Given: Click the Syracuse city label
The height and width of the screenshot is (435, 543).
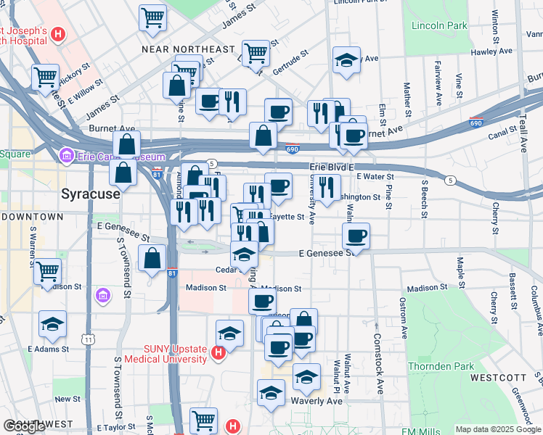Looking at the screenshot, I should (x=90, y=194).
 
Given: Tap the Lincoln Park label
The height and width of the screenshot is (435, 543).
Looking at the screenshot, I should (x=439, y=26).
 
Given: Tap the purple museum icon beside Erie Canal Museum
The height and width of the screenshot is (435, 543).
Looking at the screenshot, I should (x=66, y=156).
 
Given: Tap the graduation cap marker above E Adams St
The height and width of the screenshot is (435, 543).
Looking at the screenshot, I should (x=52, y=324).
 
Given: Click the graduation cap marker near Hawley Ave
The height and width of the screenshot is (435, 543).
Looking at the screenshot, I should (x=346, y=60).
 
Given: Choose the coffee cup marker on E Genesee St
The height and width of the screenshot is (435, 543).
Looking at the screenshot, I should (x=356, y=236).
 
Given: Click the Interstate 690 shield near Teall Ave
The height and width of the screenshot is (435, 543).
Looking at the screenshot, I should (x=476, y=123).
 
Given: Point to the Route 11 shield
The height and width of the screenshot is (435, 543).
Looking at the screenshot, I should (x=88, y=339).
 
